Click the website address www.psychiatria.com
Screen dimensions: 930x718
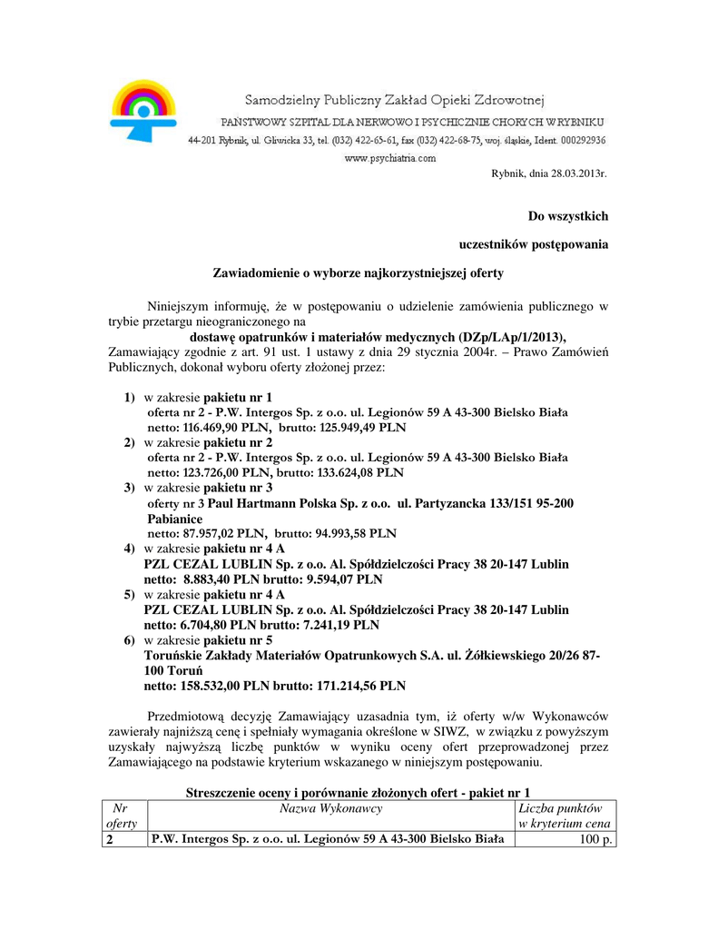click(x=390, y=157)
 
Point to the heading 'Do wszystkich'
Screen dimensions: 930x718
click(x=568, y=216)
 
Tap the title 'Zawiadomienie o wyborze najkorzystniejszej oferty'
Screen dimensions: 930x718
click(x=358, y=272)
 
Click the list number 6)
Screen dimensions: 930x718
click(x=130, y=640)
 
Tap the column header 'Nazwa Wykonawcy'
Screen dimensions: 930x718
click(x=331, y=807)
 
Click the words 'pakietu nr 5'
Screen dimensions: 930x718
click(x=237, y=640)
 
